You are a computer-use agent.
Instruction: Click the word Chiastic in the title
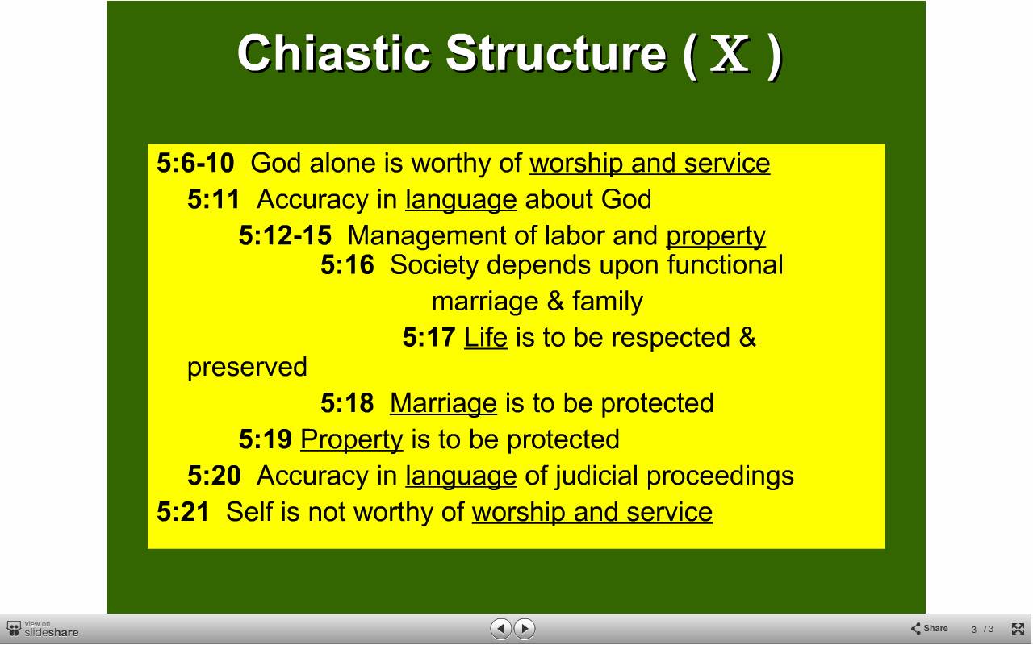333,53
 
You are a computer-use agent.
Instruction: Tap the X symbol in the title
730,54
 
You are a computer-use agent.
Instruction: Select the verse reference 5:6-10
195,163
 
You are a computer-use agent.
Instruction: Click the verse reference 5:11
214,199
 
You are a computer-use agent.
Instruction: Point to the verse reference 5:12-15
285,235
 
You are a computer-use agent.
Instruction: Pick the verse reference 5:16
347,265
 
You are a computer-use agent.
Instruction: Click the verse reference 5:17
429,337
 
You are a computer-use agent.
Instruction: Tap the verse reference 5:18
347,403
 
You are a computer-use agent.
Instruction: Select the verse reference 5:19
266,439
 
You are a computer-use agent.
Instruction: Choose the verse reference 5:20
214,476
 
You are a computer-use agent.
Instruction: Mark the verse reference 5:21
183,512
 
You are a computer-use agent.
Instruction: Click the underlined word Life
486,337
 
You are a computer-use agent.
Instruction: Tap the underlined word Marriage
443,404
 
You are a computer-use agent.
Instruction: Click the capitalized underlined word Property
351,440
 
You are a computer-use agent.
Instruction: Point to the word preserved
247,367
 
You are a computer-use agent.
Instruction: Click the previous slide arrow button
501,628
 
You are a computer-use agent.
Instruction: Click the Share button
929,628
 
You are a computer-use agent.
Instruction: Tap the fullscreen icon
1018,629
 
